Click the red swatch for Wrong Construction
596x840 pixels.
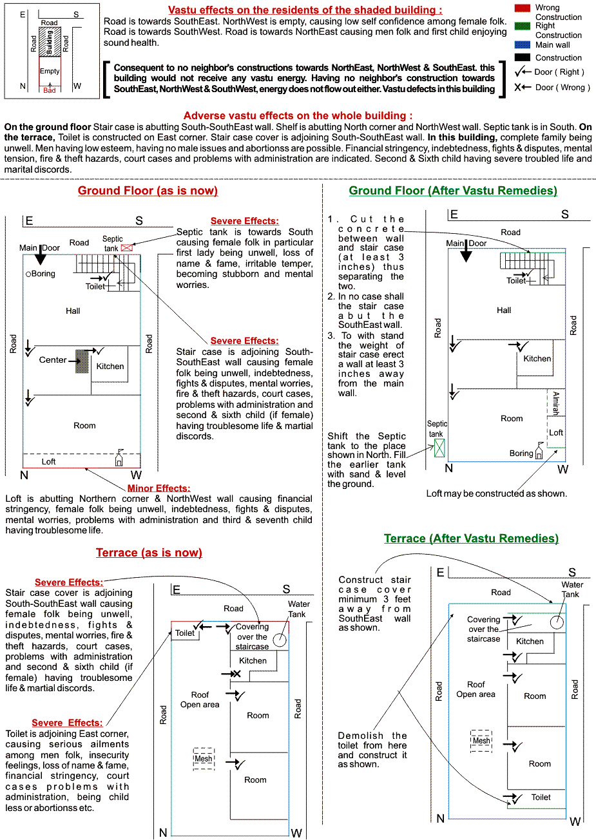click(523, 8)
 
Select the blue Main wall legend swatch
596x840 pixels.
click(523, 45)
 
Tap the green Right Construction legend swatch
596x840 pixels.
click(523, 26)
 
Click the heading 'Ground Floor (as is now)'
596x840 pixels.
click(148, 191)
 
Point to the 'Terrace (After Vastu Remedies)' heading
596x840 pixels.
click(471, 539)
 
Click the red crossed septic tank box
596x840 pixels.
click(126, 247)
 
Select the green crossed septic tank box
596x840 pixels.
click(439, 448)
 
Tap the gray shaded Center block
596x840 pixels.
click(82, 361)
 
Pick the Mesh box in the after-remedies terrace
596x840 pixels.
click(481, 741)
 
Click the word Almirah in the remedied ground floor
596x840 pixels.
click(556, 403)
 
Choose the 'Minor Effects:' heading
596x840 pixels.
click(159, 488)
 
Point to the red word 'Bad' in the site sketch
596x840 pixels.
click(50, 91)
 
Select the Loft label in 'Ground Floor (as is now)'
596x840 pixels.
click(49, 461)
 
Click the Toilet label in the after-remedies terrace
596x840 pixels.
click(541, 797)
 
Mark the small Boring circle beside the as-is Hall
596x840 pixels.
click(28, 274)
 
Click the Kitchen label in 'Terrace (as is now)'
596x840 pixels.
click(253, 661)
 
